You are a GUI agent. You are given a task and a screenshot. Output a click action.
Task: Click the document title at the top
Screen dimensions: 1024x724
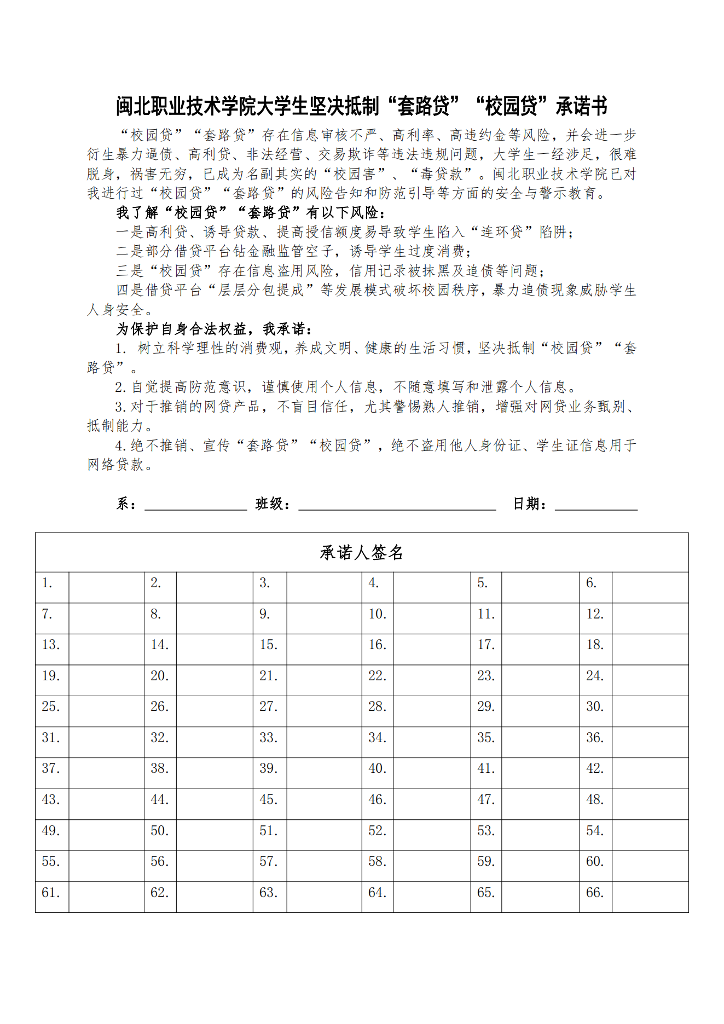pos(361,106)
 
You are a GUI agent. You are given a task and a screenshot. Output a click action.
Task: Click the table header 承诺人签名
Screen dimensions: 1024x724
pos(361,553)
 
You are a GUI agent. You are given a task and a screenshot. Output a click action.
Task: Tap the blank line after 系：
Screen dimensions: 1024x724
pos(195,505)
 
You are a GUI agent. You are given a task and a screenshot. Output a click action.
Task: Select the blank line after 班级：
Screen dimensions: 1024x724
pos(397,505)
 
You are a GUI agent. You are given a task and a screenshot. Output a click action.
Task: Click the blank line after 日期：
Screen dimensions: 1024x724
pos(596,505)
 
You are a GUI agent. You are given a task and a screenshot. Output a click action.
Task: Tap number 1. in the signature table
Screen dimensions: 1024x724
pos(48,583)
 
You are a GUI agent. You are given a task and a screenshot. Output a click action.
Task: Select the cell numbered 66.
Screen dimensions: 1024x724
pos(595,893)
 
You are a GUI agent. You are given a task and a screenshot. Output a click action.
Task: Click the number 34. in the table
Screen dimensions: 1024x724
pos(377,738)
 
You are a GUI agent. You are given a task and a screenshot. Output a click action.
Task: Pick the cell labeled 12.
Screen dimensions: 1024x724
pos(595,614)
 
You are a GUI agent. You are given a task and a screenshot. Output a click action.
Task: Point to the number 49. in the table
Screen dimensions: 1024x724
pos(50,831)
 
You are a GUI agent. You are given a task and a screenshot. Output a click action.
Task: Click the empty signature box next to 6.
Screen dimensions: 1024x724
pos(650,587)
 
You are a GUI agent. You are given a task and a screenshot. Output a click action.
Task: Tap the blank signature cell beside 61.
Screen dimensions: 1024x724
pos(106,896)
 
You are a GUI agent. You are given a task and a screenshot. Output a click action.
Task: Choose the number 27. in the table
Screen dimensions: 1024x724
pos(268,707)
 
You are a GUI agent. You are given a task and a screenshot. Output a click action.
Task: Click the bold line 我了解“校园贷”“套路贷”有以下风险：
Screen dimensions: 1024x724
pos(252,213)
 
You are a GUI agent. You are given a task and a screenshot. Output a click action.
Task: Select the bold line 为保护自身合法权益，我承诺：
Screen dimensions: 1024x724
pos(215,329)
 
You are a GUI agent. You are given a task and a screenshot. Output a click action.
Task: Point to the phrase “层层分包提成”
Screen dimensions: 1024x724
pos(261,290)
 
